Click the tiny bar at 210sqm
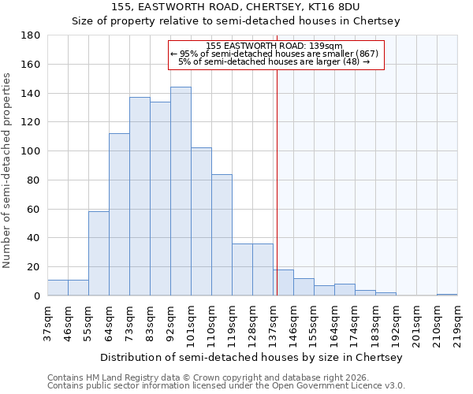pyautogui.click(x=447, y=295)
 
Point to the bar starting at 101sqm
pyautogui.click(x=201, y=221)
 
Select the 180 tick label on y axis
pyautogui.click(x=31, y=35)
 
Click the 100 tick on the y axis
pyautogui.click(x=31, y=151)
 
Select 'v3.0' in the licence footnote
pyautogui.click(x=393, y=386)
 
